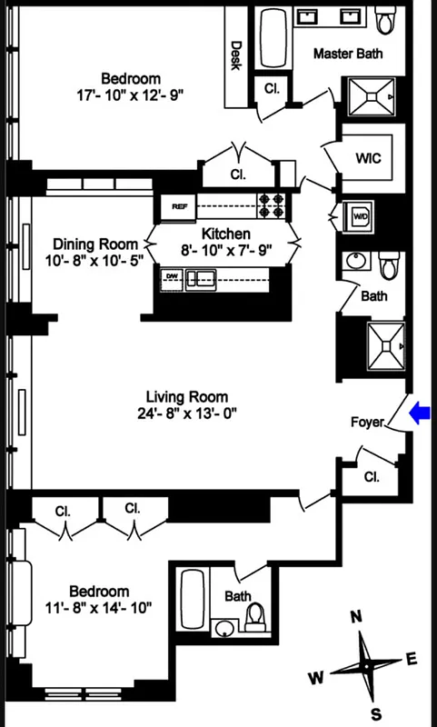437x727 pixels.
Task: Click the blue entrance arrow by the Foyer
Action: point(420,413)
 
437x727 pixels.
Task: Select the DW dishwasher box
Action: point(172,277)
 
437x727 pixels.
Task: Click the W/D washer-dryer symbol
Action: point(360,216)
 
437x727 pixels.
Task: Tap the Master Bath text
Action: point(348,54)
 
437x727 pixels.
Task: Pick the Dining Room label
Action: point(95,244)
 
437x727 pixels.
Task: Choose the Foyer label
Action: point(367,422)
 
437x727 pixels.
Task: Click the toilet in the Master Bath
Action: point(389,17)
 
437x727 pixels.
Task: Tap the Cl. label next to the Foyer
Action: point(372,476)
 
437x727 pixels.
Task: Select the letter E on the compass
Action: point(411,659)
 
